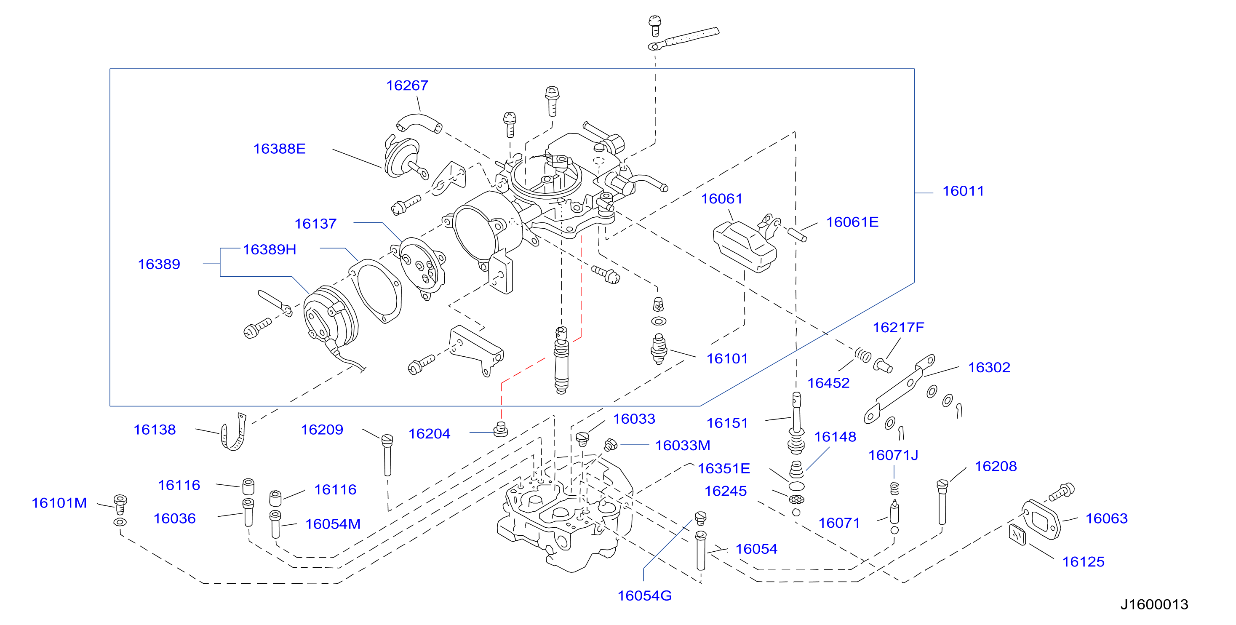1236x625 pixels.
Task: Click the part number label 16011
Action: [x=963, y=191]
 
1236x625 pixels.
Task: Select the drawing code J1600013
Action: [x=1154, y=604]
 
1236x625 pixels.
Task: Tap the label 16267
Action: [x=407, y=85]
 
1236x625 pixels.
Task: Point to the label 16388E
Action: [x=279, y=149]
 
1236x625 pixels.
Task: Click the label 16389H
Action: [x=269, y=250]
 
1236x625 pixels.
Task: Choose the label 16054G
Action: [x=644, y=596]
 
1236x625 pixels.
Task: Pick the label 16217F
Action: [x=898, y=327]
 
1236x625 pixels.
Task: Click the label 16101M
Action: [x=59, y=503]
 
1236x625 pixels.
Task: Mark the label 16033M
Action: [x=682, y=446]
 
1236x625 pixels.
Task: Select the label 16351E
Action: [x=723, y=468]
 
